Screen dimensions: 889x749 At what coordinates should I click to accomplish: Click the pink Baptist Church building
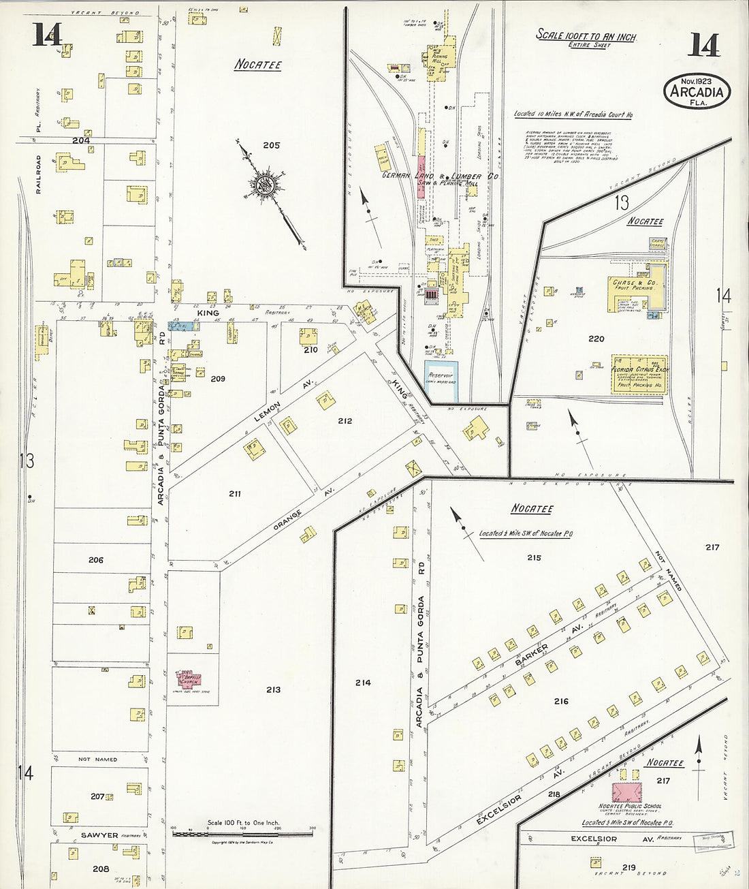tap(189, 679)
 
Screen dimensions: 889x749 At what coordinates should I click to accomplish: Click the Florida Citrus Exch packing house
tap(639, 375)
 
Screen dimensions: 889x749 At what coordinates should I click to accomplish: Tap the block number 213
tap(273, 689)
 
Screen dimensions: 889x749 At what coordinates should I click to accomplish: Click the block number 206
tap(96, 560)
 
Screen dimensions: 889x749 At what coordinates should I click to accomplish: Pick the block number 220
tap(596, 339)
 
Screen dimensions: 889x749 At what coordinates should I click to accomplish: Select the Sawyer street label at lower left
tap(99, 835)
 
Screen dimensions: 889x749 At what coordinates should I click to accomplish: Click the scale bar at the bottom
tap(243, 833)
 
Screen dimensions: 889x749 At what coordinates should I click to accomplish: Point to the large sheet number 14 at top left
tap(47, 34)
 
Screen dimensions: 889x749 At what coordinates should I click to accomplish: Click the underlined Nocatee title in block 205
tap(258, 65)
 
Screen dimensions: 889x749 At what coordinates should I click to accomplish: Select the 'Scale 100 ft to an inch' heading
tap(586, 35)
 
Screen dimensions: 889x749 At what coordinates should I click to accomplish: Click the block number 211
tap(235, 493)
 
